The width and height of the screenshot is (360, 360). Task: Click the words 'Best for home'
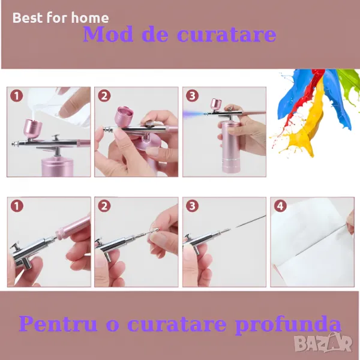tap(61, 17)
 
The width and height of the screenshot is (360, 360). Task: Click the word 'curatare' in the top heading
tap(227, 34)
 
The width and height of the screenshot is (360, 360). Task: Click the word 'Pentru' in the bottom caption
tap(58, 323)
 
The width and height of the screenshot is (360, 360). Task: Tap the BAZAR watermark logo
tap(323, 343)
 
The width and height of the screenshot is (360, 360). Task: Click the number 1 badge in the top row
tap(17, 95)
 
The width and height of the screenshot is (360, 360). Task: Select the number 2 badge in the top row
tap(104, 95)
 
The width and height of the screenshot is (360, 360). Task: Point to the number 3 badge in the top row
tap(192, 95)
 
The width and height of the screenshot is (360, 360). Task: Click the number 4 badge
tap(280, 206)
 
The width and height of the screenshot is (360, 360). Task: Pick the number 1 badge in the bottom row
tap(17, 206)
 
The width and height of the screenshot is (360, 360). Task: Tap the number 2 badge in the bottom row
tap(104, 206)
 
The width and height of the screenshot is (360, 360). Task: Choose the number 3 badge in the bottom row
tap(192, 206)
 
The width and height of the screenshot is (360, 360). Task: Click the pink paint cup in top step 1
tap(33, 128)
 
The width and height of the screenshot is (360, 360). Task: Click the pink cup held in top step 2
tap(124, 117)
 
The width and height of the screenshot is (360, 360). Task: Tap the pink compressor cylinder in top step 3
tap(230, 147)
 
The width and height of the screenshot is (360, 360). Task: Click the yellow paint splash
tap(303, 128)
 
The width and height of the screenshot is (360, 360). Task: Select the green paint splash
tap(349, 80)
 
